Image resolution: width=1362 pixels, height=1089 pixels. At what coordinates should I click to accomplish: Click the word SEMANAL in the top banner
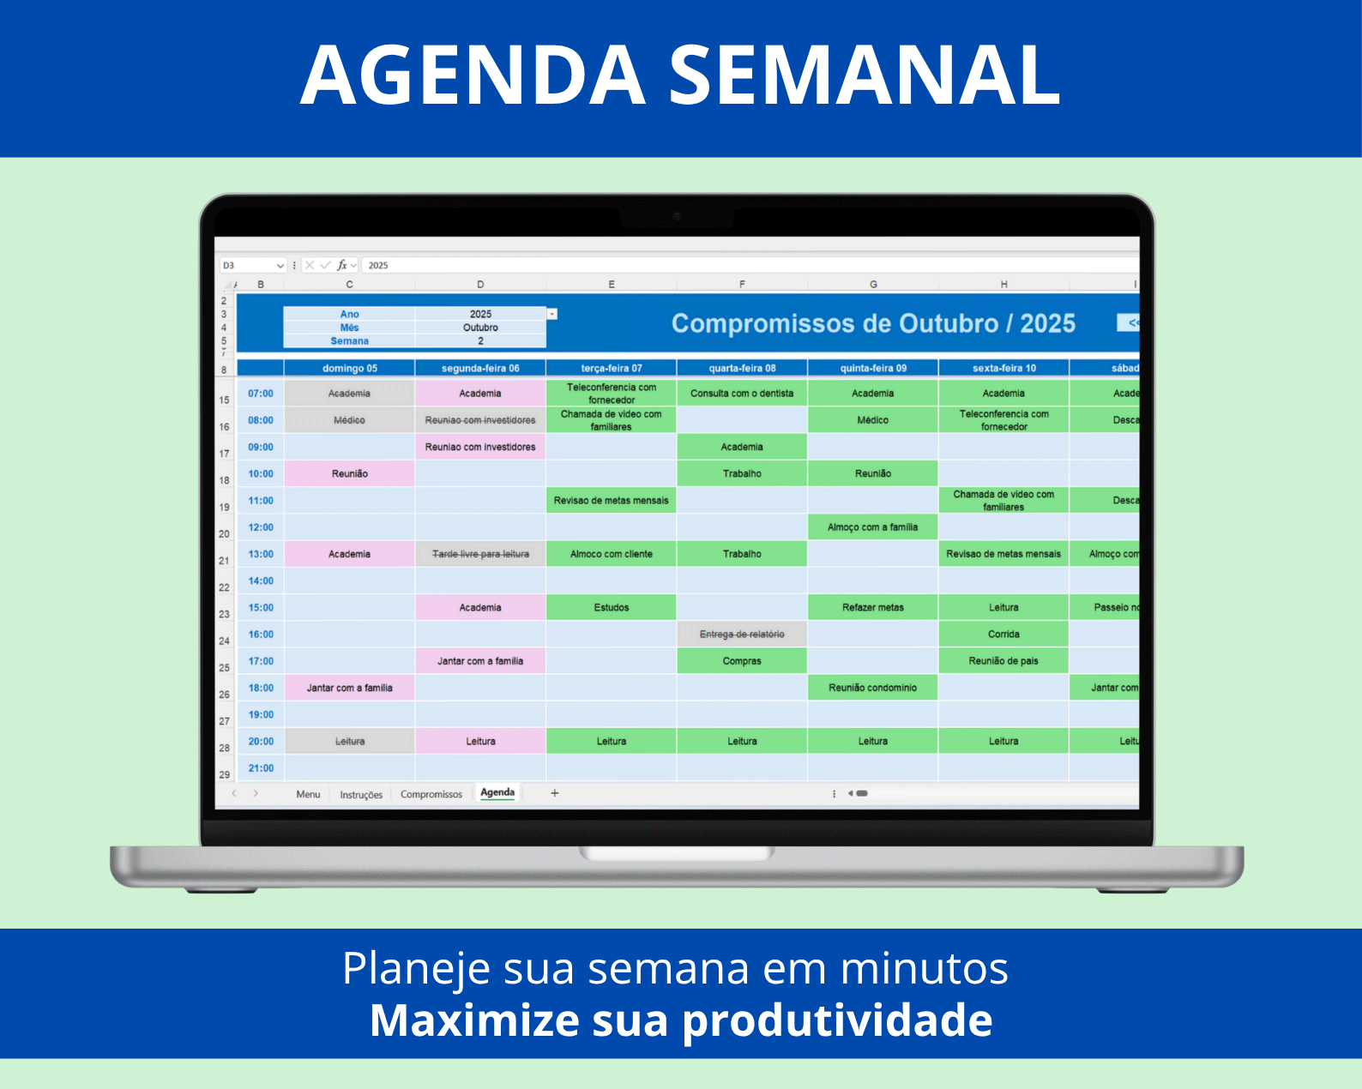[x=865, y=75]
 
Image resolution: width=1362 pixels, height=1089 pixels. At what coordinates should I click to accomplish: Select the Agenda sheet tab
[x=497, y=793]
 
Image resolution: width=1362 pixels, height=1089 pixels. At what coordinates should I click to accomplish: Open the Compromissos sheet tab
[x=431, y=795]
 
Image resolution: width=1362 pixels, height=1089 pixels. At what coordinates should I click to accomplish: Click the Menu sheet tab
[x=308, y=795]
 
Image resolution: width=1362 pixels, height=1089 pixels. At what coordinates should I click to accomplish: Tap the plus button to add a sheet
[x=555, y=793]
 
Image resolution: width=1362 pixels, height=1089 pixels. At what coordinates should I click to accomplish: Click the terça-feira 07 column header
[x=611, y=369]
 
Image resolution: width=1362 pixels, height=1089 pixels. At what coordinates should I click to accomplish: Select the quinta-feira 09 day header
[x=872, y=369]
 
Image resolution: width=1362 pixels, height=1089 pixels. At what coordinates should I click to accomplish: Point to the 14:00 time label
[x=261, y=581]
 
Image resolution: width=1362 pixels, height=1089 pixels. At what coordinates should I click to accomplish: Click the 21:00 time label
[x=261, y=768]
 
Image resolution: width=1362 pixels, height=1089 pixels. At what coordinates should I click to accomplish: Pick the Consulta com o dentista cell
[x=742, y=394]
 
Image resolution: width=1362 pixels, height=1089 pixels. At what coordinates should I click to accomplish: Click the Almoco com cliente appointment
[x=611, y=554]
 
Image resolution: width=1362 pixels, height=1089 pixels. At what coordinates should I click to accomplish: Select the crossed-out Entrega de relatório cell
[x=742, y=635]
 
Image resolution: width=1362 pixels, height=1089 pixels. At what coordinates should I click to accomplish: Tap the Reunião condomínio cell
[x=872, y=688]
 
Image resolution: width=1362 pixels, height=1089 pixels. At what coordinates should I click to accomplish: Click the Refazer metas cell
[x=872, y=608]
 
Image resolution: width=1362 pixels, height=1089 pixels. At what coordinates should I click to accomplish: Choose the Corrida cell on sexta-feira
[x=1003, y=635]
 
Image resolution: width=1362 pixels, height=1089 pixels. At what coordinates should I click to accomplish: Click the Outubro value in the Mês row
[x=480, y=328]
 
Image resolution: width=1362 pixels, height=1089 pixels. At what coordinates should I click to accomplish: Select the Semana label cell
[x=349, y=341]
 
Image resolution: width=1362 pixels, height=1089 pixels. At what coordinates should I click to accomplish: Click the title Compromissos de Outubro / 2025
[x=873, y=324]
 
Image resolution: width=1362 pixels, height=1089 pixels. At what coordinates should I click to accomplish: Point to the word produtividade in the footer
[x=837, y=1020]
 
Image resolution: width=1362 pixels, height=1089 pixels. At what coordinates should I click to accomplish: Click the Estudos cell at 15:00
[x=611, y=608]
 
